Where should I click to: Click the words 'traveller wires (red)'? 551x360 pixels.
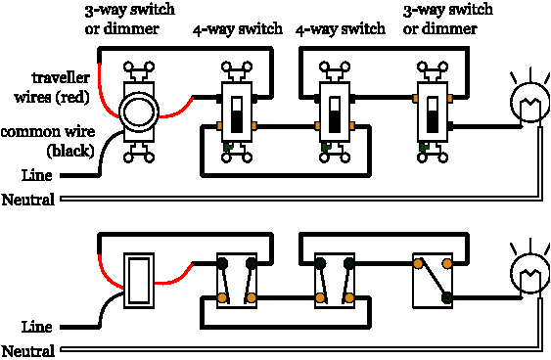51,89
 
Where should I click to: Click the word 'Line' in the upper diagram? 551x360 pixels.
36,175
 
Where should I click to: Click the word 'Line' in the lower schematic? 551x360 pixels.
36,327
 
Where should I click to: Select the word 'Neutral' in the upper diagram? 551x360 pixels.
28,200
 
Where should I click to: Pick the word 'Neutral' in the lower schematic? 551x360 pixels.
28,350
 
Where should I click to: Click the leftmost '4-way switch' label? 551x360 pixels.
236,29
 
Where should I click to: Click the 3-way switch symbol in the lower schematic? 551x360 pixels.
432,280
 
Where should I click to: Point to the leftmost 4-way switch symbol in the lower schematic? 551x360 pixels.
237,280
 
